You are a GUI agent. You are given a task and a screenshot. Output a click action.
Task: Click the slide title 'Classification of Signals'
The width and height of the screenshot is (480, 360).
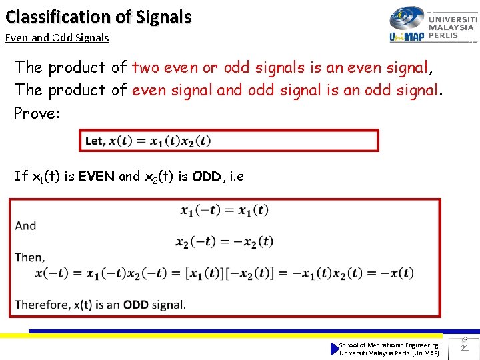[99, 17]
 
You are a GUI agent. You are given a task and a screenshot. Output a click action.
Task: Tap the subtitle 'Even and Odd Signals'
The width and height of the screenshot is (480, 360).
[57, 38]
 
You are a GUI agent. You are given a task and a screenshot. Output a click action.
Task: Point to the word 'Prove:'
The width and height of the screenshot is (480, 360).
[37, 113]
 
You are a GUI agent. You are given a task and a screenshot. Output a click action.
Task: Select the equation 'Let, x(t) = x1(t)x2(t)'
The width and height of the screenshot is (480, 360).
[148, 141]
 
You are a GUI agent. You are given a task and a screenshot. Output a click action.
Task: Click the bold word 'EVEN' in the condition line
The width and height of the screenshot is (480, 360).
[96, 177]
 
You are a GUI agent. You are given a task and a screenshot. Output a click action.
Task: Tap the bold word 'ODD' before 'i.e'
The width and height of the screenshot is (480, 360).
[206, 177]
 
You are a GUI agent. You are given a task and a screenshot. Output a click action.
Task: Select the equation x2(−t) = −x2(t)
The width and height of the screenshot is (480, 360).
[224, 241]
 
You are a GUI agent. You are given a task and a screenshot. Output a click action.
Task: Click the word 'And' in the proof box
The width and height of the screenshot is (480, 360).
[25, 225]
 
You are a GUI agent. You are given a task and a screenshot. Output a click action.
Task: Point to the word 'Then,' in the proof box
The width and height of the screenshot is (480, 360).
[29, 257]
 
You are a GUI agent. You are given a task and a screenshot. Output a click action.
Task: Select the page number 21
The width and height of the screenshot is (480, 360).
[465, 348]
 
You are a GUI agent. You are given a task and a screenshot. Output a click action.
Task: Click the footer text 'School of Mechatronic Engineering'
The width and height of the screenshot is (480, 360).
[389, 345]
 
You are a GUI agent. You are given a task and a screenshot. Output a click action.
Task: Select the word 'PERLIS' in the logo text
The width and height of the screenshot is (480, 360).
[443, 35]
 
